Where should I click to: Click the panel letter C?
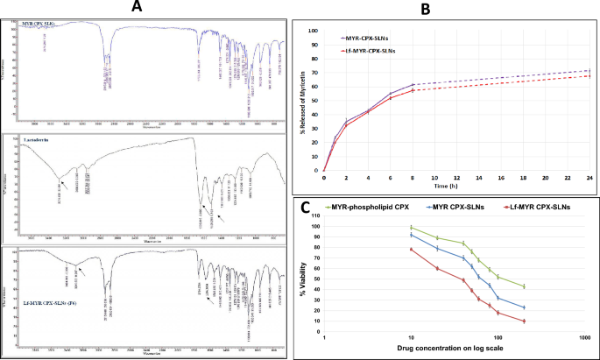point(304,208)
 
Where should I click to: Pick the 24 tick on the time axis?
point(589,178)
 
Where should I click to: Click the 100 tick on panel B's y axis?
point(316,30)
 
